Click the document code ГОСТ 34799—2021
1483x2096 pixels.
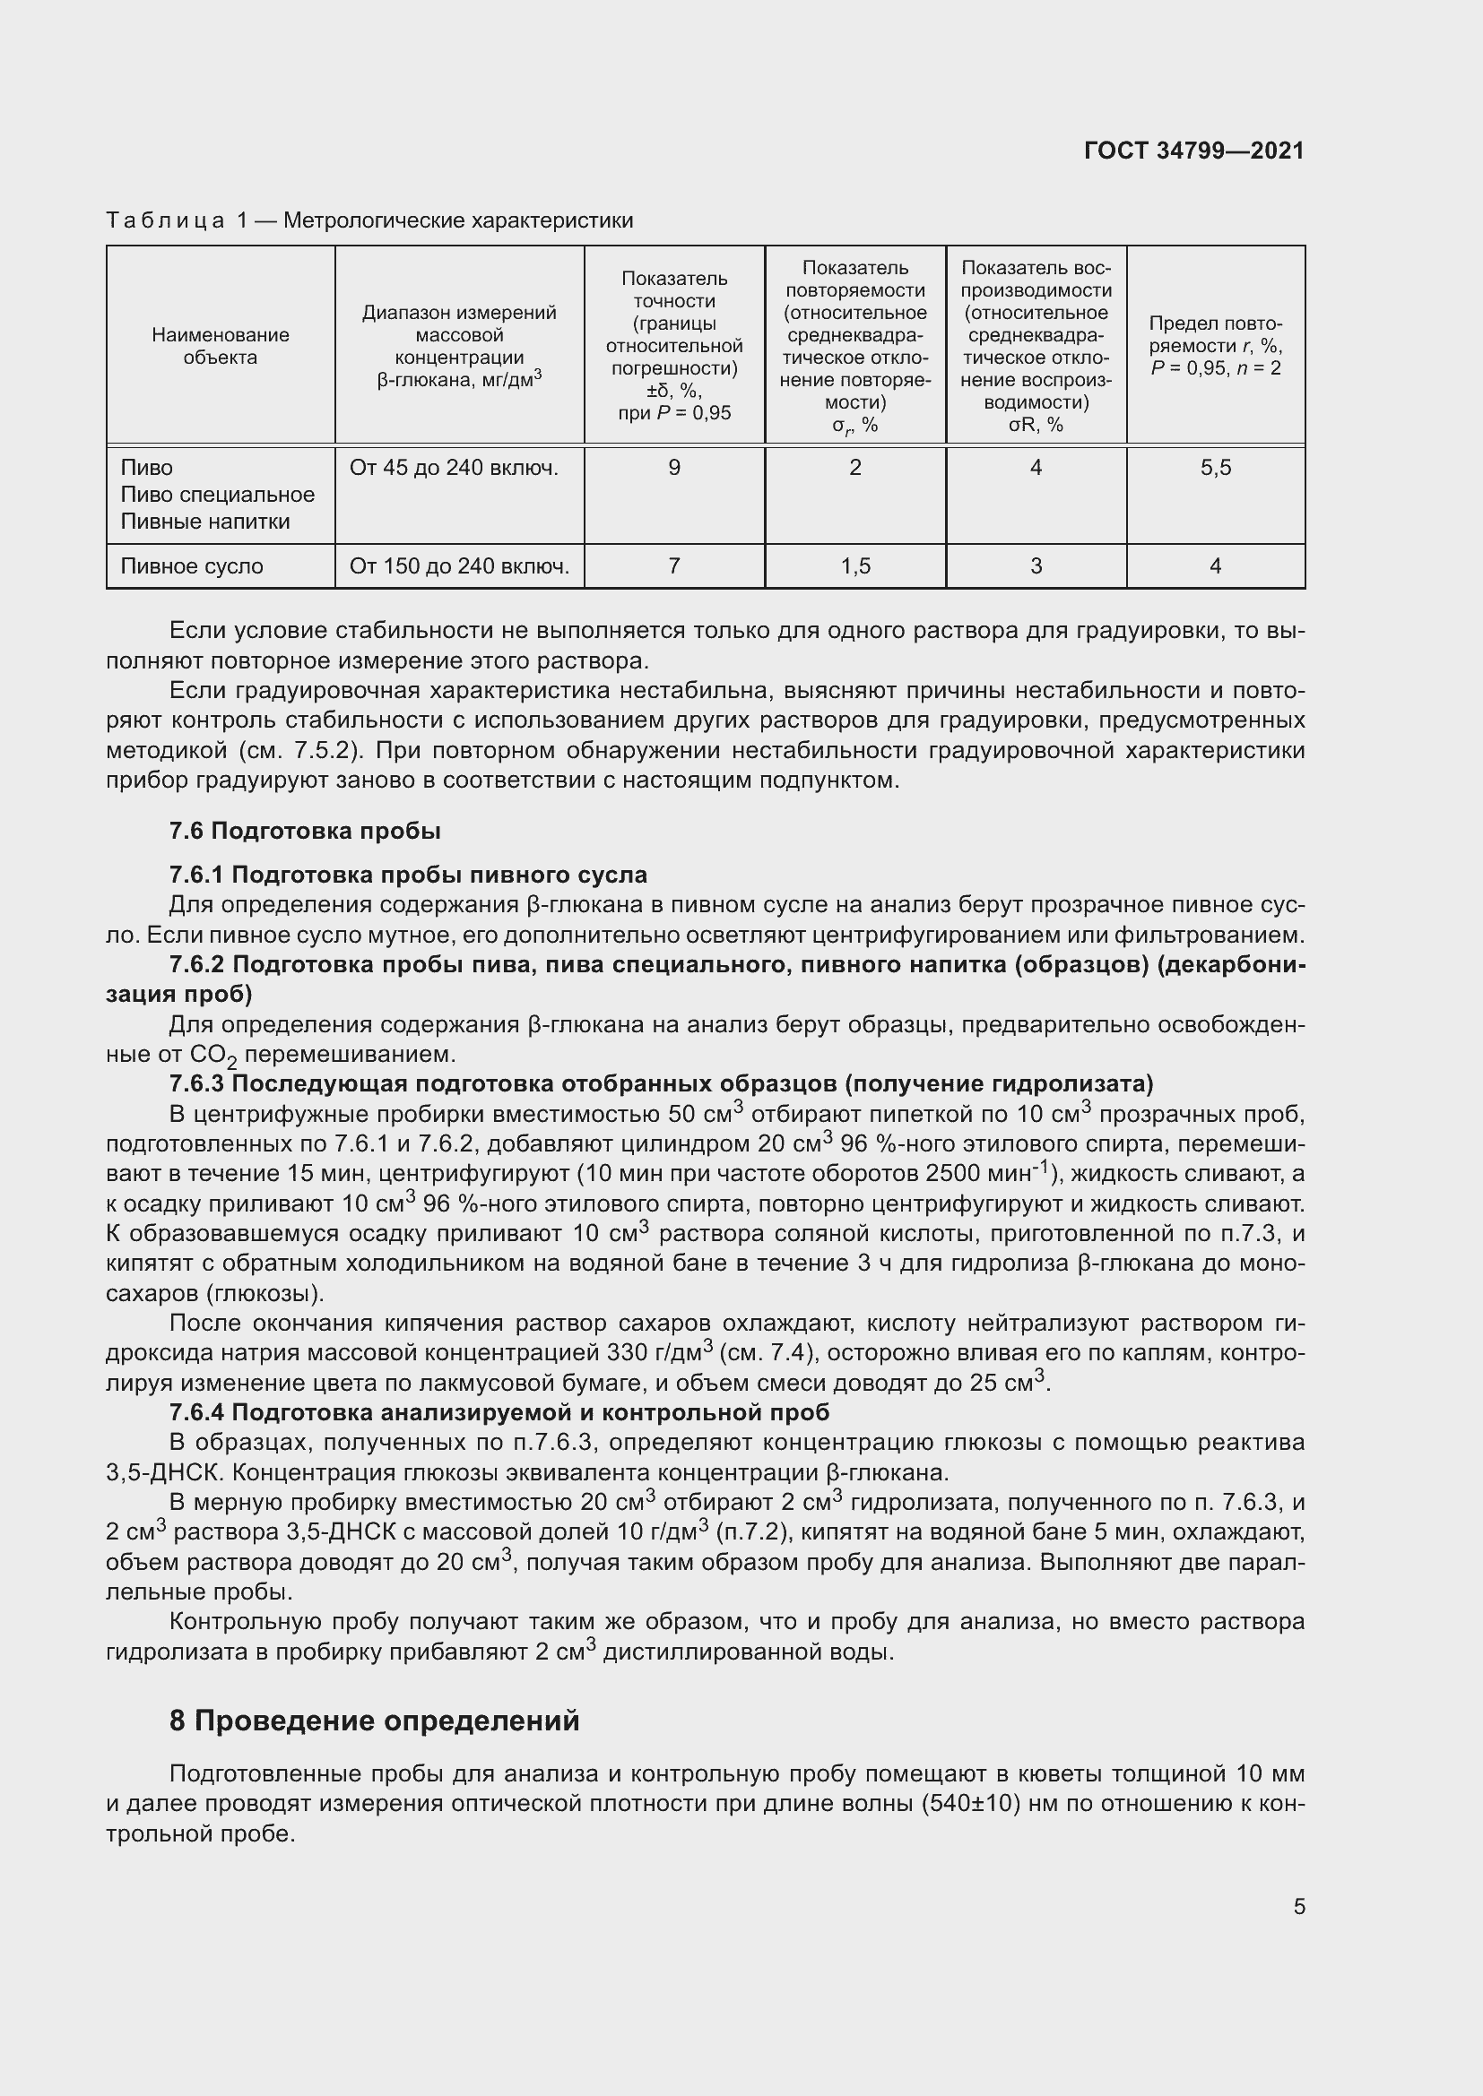[x=1193, y=151]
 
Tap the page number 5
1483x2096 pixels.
[x=1298, y=1906]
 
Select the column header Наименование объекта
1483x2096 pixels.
[x=220, y=346]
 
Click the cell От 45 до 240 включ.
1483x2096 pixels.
[x=453, y=469]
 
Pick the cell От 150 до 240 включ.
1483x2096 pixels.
[x=458, y=566]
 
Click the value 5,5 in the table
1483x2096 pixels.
[x=1216, y=469]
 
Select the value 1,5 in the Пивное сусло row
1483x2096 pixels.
[x=854, y=566]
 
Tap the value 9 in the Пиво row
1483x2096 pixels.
[x=674, y=469]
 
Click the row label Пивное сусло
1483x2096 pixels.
[x=192, y=566]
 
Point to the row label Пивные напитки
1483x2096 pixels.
[x=204, y=522]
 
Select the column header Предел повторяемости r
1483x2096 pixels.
[x=1216, y=346]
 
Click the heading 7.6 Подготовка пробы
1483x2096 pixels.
[x=304, y=831]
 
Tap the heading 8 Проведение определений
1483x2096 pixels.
[x=375, y=1721]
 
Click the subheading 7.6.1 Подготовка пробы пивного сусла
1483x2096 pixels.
[x=407, y=875]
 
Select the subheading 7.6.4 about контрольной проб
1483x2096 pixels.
[x=499, y=1412]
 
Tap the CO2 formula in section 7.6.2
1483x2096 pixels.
[x=213, y=1056]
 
